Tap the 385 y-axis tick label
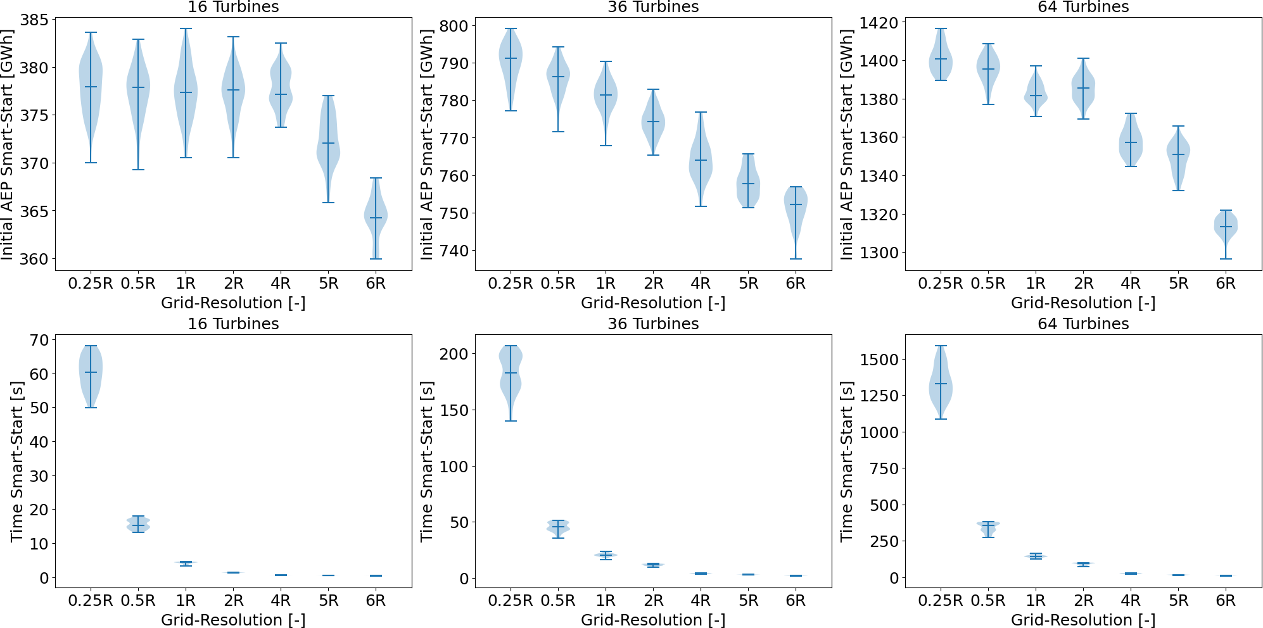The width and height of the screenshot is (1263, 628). [34, 20]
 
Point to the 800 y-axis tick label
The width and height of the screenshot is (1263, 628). [454, 26]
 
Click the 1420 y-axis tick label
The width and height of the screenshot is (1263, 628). [879, 23]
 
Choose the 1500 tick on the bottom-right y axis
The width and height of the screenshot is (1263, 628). [879, 360]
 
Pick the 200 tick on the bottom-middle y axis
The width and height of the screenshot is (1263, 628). [454, 354]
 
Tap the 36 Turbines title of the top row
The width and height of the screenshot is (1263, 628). [653, 7]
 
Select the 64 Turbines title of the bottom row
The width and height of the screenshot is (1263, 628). [1083, 324]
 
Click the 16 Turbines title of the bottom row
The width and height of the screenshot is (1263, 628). [233, 324]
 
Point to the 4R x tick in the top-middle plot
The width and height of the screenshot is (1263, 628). [701, 284]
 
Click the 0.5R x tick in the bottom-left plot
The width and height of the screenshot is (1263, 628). [138, 601]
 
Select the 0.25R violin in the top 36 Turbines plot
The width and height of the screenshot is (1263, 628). [511, 58]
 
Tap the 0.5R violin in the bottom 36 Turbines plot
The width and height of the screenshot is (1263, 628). [558, 527]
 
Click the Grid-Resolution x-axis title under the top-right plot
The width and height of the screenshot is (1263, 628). [1083, 303]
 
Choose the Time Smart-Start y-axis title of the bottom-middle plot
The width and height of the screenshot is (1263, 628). [428, 462]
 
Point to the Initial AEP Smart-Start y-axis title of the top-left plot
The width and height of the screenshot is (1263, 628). [8, 144]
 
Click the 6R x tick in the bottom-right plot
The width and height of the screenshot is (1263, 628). [1226, 601]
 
